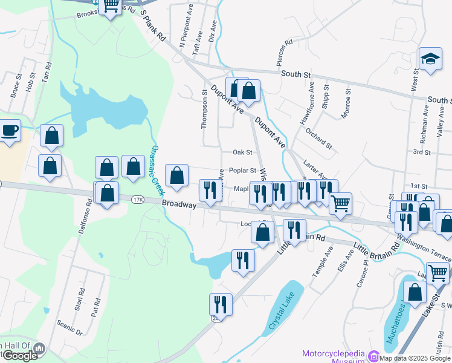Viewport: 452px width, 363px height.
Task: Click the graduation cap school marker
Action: (430, 59)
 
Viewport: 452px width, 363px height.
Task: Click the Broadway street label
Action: (179, 205)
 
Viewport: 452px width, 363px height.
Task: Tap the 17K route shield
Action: (137, 199)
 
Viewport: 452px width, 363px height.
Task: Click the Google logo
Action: (19, 356)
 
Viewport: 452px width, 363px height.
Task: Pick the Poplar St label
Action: (242, 171)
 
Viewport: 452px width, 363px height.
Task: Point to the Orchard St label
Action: (319, 138)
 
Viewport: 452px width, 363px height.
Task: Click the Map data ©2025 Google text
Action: (415, 358)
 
